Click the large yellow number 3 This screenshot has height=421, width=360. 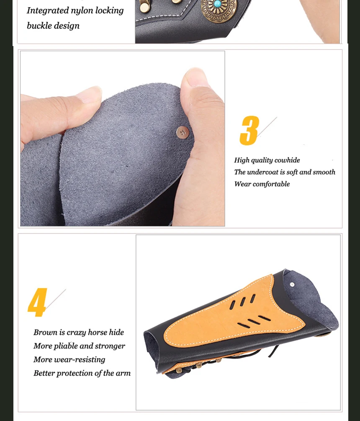pos(249,131)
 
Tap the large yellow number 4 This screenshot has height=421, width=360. pos(37,302)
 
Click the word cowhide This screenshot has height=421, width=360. pos(287,160)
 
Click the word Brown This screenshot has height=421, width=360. pos(45,332)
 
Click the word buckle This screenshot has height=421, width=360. pos(37,26)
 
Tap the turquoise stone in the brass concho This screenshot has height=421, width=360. pos(218,4)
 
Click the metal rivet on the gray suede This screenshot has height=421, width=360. pos(183,132)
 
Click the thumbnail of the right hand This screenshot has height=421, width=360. pos(195,77)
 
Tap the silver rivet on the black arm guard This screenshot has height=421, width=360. pos(292,284)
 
